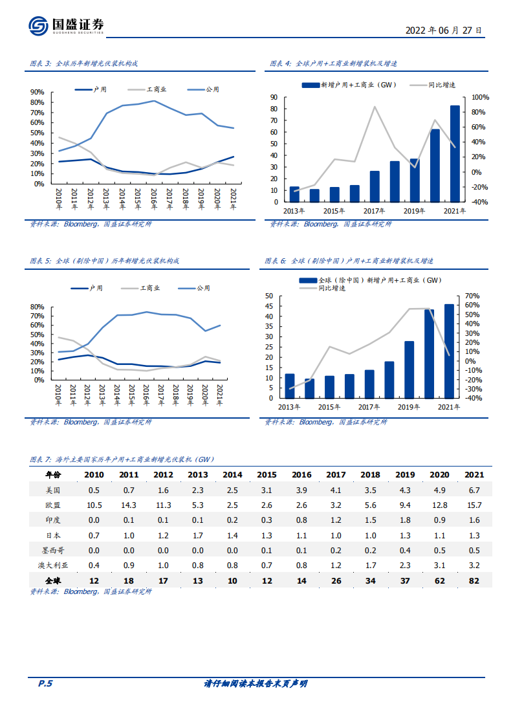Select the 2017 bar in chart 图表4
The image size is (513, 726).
coord(375,186)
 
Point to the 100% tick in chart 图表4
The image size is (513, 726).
coord(481,97)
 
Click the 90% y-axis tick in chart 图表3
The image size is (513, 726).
coord(37,93)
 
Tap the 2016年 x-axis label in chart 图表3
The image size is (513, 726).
coord(154,197)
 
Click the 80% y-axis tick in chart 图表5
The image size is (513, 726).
coord(37,307)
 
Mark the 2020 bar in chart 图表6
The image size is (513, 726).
coord(429,353)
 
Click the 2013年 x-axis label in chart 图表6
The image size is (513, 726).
coord(289,407)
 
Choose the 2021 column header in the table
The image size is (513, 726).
coord(474,475)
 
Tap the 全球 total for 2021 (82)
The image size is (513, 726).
coord(474,582)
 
